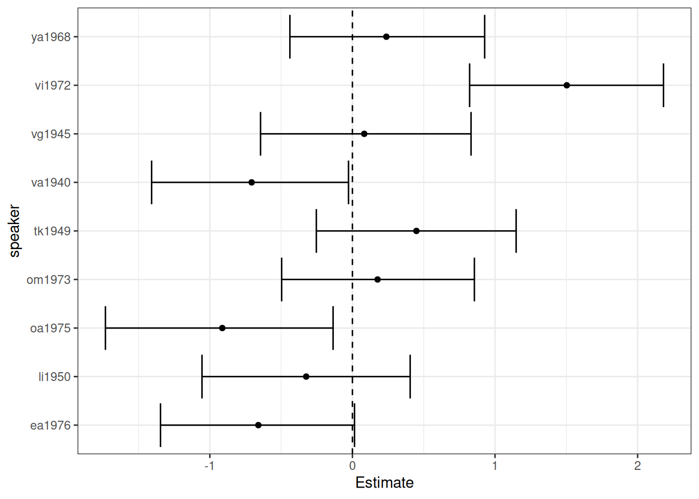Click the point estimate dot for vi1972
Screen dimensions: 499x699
(566, 85)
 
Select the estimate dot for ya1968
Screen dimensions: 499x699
(386, 37)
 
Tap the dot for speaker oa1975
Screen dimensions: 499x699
(222, 328)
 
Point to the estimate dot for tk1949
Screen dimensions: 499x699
(416, 231)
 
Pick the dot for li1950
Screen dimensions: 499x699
(306, 376)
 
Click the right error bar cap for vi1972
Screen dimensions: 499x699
(663, 85)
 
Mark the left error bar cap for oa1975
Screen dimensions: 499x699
(106, 328)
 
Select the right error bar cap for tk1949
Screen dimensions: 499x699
(516, 231)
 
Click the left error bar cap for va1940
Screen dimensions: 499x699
(151, 182)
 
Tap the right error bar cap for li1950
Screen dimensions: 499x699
(410, 376)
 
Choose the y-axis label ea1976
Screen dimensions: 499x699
(50, 426)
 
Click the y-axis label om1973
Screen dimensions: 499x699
(48, 280)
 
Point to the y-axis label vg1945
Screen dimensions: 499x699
(51, 135)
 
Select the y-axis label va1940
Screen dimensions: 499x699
(51, 183)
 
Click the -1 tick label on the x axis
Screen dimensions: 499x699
(209, 466)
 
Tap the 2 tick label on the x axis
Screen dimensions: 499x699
(637, 466)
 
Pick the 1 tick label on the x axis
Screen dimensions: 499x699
(495, 466)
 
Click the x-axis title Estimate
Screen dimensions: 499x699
(384, 483)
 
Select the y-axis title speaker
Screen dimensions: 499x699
(15, 231)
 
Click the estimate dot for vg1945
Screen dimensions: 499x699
(364, 134)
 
